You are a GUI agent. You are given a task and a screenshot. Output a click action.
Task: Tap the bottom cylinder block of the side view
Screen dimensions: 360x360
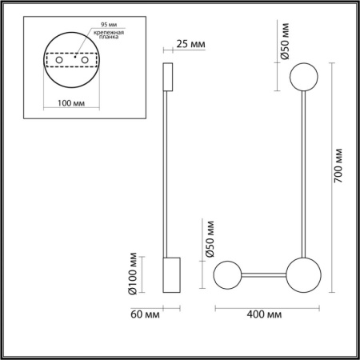(172, 276)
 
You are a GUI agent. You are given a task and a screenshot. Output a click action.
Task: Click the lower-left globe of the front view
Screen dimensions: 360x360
(227, 274)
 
